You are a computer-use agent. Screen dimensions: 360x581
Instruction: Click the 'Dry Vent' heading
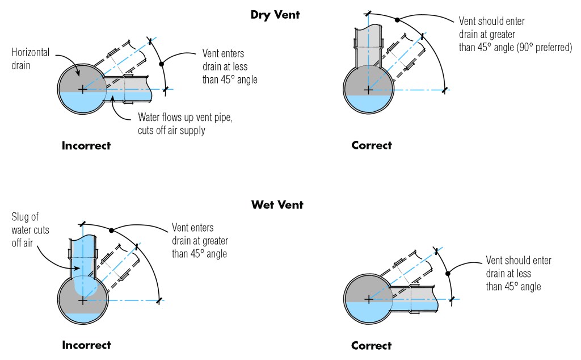[x=275, y=15]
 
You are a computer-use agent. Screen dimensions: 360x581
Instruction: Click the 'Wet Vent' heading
[x=277, y=205]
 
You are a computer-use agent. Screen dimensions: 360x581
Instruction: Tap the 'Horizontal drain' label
[x=30, y=57]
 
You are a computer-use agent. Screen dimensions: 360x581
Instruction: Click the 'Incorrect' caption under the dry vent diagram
[x=86, y=145]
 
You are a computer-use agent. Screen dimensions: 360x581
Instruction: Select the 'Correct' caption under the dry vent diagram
[x=372, y=145]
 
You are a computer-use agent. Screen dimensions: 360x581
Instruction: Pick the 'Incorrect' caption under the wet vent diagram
[x=86, y=345]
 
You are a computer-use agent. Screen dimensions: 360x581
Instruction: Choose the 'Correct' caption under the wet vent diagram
[x=372, y=345]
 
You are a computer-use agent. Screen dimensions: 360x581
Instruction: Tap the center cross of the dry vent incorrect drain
[x=83, y=89]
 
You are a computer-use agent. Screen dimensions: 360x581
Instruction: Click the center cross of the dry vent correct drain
[x=368, y=89]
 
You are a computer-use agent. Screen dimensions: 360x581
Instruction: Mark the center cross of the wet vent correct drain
[x=368, y=299]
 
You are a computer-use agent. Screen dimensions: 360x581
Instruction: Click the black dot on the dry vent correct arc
[x=397, y=20]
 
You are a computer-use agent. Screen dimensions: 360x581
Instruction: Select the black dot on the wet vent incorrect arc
[x=112, y=230]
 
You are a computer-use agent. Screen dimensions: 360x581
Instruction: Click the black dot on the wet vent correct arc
[x=448, y=273]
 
